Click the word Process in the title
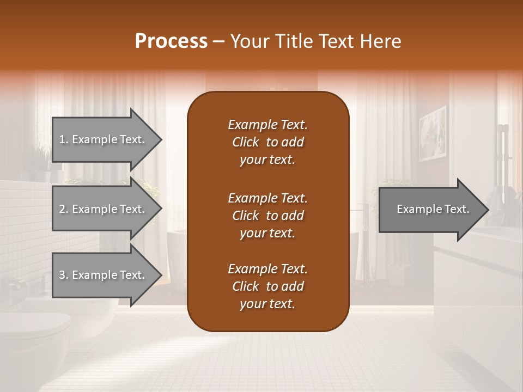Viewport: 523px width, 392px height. (171, 41)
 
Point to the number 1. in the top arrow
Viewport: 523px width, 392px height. (64, 139)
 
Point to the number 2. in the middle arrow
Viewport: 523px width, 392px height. (64, 209)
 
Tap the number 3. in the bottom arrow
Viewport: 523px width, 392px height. (64, 275)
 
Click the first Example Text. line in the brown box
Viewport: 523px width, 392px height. (267, 125)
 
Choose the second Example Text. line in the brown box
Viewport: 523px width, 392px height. (267, 198)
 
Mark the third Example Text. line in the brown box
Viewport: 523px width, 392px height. (267, 269)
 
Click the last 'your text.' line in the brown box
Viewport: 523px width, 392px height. (267, 304)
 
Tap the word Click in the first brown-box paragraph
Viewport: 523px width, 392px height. (245, 142)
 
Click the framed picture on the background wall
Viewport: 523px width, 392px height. (433, 133)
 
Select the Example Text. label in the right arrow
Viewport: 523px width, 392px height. (433, 209)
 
